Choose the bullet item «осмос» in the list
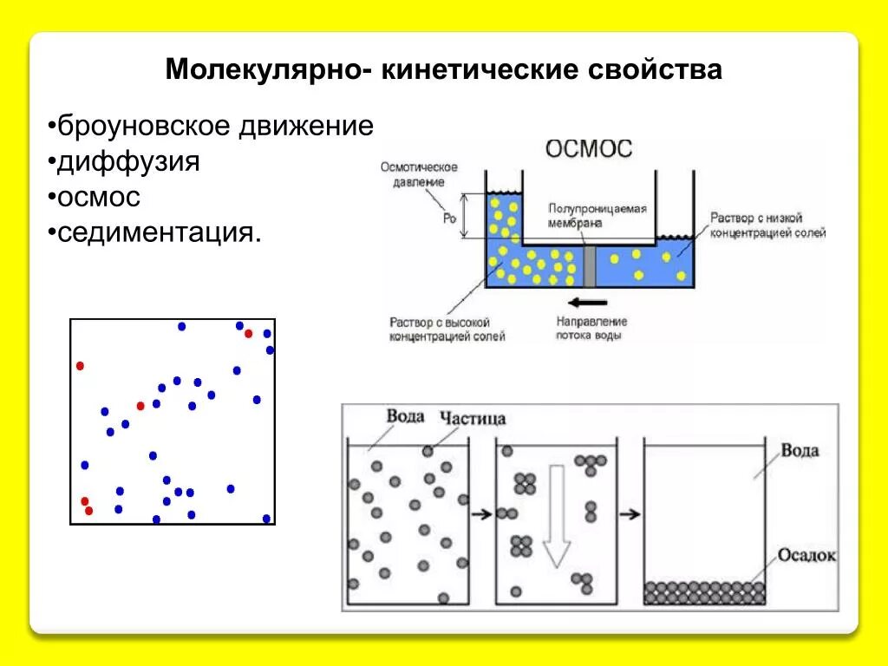click(x=99, y=197)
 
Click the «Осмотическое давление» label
click(x=419, y=174)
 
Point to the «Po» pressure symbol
click(x=449, y=219)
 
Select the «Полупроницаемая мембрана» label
click(x=597, y=215)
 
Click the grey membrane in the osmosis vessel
click(x=590, y=264)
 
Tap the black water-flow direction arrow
click(x=588, y=303)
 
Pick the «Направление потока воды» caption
click(x=588, y=328)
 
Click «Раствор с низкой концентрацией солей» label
click(x=767, y=225)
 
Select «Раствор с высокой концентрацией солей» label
click(x=447, y=328)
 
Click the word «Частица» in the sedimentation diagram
click(x=473, y=419)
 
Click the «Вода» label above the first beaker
click(x=405, y=416)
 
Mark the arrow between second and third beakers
click(x=630, y=514)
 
